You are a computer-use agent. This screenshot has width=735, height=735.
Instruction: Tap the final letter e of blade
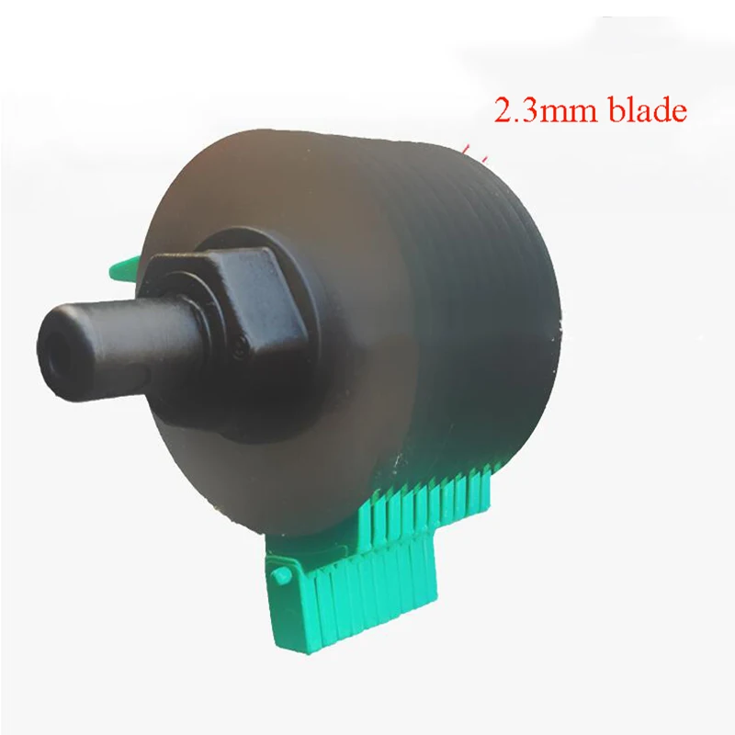[677, 115]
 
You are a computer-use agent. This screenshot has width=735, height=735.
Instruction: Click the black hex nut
[207, 303]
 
